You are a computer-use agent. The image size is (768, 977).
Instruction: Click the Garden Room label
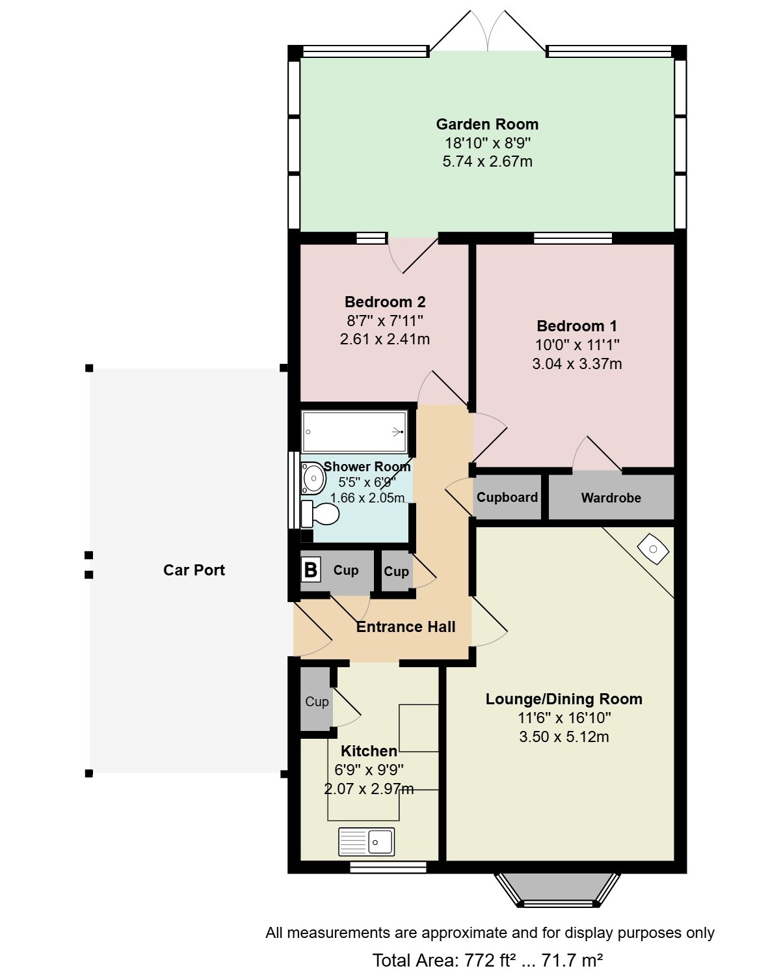point(487,124)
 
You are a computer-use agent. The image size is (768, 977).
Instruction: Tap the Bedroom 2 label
point(385,302)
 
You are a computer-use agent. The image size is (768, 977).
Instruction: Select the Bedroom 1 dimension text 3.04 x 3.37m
point(577,364)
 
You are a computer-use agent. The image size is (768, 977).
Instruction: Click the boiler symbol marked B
point(311,570)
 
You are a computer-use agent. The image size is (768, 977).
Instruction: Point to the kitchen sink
point(366,841)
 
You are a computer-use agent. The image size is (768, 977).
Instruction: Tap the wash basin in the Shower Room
point(313,478)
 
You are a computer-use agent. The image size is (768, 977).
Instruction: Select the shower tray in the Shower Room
point(354,432)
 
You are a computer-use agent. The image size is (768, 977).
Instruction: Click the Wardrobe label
point(611,498)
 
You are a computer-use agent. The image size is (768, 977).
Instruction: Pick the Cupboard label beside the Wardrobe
point(507,497)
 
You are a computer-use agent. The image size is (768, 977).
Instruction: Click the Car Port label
point(194,570)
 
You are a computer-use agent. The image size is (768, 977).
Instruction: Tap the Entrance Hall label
point(406,627)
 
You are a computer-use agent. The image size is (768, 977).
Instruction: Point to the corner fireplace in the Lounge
point(654,549)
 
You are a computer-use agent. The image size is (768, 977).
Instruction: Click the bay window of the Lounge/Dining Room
point(557,890)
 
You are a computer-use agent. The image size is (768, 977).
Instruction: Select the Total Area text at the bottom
point(487,960)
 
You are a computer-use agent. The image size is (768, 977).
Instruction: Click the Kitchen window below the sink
point(388,868)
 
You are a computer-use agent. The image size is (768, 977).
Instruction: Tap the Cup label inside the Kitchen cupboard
point(317,702)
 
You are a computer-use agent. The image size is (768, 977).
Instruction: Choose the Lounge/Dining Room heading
point(564,699)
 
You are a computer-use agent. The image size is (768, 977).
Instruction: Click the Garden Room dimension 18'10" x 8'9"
point(487,143)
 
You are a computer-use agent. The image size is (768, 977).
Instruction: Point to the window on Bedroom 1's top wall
point(573,238)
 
